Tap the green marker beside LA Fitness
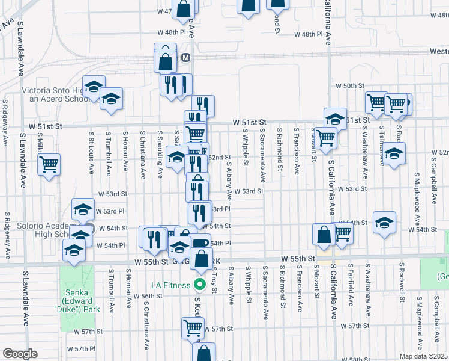197,285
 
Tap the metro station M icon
187,57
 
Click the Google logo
20,354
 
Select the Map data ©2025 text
424,356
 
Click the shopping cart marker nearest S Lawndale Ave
49,163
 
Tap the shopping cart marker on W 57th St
193,328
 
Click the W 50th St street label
354,87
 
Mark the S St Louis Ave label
91,154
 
